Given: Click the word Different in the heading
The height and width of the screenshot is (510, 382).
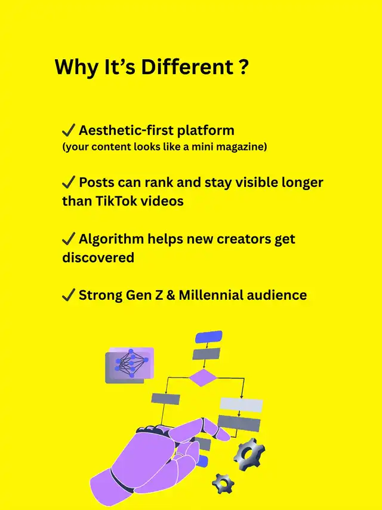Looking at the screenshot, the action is pos(187,67).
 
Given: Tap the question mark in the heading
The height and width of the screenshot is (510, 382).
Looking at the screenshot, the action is pos(244,67).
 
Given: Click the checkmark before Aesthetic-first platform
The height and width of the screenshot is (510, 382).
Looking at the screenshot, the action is pos(69,130).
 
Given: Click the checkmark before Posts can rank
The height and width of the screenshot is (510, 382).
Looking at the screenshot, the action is pos(69,182).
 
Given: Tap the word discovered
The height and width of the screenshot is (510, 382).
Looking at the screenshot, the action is pos(98,257).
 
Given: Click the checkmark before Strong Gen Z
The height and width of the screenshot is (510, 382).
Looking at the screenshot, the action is pos(69,295).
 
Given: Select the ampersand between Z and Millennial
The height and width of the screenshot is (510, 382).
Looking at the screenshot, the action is pos(171,296).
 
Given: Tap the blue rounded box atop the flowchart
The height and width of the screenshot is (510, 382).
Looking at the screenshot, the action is pos(209,337).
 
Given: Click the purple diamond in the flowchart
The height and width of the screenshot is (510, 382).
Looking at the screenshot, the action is pos(203,377).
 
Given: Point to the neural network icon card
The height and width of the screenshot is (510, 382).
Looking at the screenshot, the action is pos(130,365).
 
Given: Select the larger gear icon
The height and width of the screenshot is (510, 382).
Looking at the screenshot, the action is pos(249,454).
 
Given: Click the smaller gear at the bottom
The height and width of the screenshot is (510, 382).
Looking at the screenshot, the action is pos(223,484).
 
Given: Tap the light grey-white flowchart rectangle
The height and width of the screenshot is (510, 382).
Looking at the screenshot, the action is pos(241,405).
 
